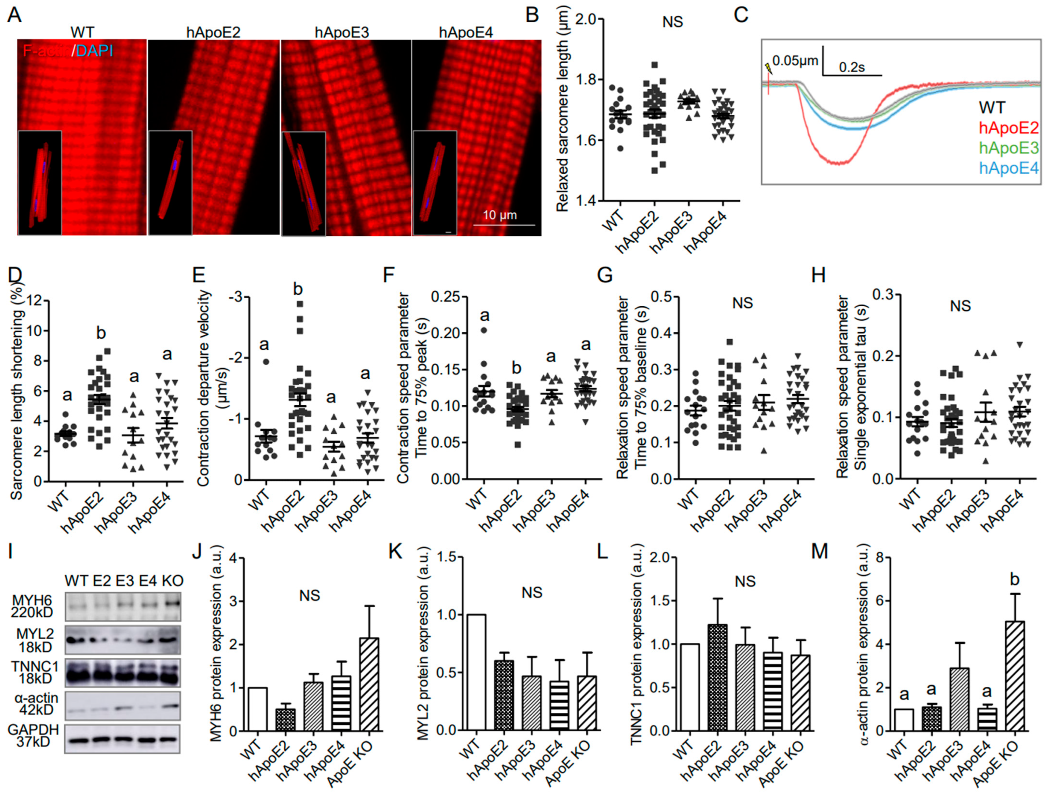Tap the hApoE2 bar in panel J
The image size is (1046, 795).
(x=286, y=719)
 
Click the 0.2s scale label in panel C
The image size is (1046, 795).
(x=851, y=67)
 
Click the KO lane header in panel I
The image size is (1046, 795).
(x=172, y=581)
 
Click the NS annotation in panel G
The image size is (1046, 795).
(x=742, y=303)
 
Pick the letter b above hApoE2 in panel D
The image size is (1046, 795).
(x=101, y=333)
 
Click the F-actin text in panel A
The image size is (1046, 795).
(x=46, y=51)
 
